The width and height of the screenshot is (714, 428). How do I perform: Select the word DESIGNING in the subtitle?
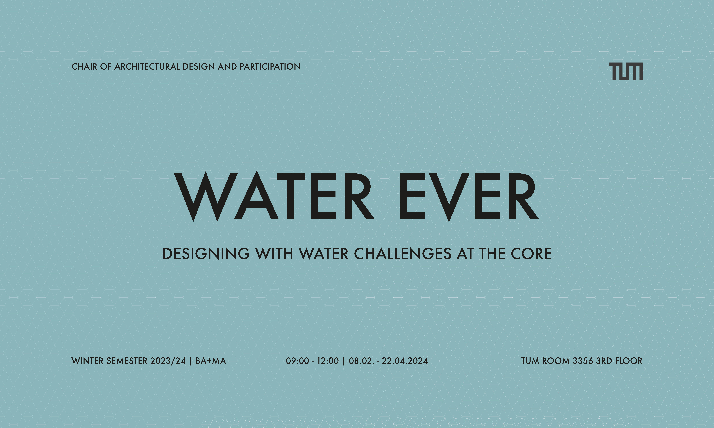coord(206,254)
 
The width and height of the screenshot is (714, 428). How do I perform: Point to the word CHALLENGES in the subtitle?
coord(403,254)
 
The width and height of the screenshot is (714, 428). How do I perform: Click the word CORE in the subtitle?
coord(531,254)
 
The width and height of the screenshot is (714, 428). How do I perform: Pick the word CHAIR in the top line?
coord(84,67)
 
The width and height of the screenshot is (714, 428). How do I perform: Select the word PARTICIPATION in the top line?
coord(270,67)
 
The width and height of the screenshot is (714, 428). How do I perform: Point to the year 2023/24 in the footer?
coord(168,361)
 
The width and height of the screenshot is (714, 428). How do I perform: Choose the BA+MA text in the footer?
coord(211,361)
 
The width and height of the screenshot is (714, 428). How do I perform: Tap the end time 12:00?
coord(328,361)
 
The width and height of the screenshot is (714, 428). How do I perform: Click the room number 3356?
coord(583,361)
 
